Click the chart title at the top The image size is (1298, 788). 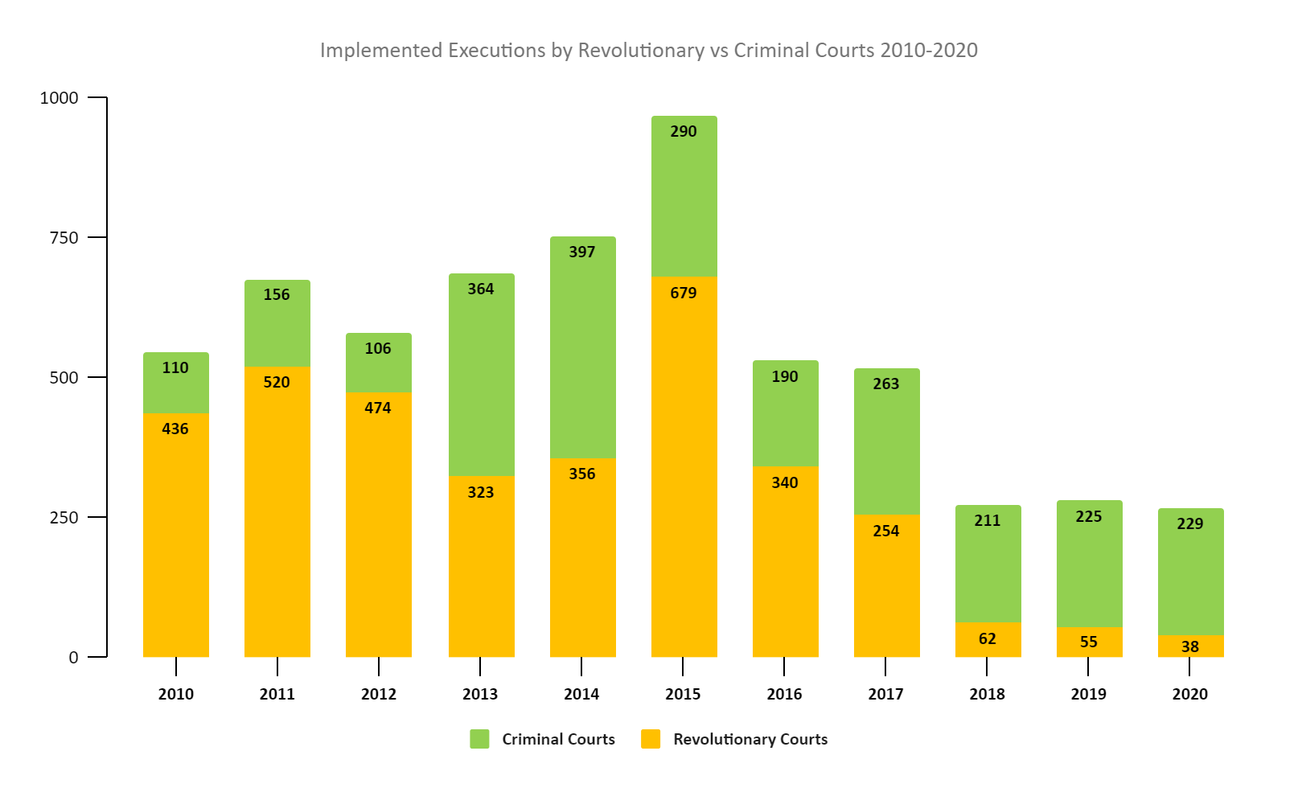pos(648,50)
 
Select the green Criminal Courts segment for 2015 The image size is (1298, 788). pos(684,201)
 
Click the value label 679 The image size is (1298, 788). pos(684,293)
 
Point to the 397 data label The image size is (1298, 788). pos(582,252)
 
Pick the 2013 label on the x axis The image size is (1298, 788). pos(480,694)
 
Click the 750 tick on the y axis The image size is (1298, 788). pos(64,237)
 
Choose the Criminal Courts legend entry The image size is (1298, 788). pos(543,739)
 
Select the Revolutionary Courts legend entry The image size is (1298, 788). pos(734,739)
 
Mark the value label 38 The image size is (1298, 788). pos(1190,646)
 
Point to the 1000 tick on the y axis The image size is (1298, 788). pos(60,97)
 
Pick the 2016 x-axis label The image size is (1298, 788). pos(784,694)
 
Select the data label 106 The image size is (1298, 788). pos(378,348)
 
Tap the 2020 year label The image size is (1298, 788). pos(1189,694)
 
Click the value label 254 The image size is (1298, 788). pos(886,531)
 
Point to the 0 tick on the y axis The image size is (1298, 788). pos(73,657)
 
